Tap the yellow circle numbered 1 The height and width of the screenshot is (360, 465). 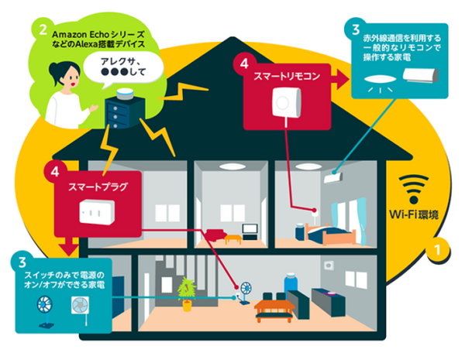tap(439, 250)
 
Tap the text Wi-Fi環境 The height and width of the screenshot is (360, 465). tap(416, 214)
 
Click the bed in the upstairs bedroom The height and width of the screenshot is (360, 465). tap(329, 226)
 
